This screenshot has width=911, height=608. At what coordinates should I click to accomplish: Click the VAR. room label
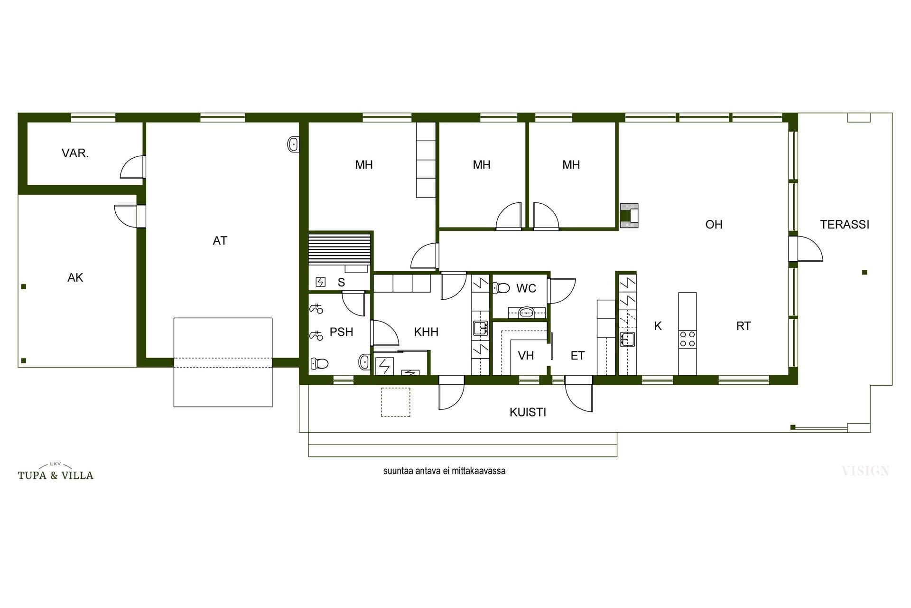pos(75,153)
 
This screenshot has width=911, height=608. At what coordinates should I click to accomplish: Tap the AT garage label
pos(220,241)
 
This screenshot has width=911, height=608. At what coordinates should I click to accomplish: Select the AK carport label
pos(75,277)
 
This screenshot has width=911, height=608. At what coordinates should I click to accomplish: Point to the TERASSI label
pos(845,224)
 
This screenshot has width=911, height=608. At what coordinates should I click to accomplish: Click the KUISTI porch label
pos(528,412)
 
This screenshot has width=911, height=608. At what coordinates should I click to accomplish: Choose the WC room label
pos(526,288)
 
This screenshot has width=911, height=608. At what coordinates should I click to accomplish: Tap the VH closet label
pos(526,355)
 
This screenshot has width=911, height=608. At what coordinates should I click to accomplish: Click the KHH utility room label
pos(426,332)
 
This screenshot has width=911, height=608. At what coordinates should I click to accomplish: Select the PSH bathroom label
pos(342,332)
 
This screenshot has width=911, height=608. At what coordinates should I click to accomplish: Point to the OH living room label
pos(714,224)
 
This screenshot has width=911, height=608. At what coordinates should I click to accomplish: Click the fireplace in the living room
pos(629,213)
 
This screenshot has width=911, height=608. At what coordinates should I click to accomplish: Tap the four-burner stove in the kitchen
pos(688,339)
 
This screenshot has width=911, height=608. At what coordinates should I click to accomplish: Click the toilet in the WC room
pos(501,287)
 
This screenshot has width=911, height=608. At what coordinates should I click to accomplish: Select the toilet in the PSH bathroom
pos(319,364)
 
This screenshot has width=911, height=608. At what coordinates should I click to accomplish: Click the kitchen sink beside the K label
pos(627,339)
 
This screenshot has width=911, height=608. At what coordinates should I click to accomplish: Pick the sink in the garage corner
pos(294,144)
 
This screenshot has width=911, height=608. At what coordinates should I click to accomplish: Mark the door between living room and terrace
pos(806,248)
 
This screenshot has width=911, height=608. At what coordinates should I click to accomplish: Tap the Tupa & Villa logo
pos(56,472)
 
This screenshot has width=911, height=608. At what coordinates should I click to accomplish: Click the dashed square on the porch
pos(396,402)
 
